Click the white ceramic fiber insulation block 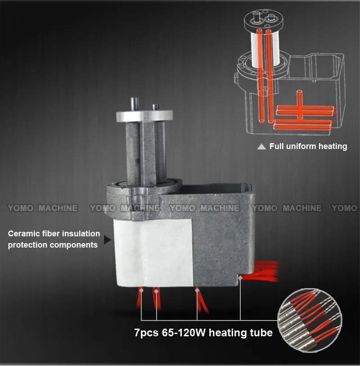click(x=154, y=253)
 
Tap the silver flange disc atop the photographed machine click(x=144, y=116)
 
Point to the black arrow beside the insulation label click(x=107, y=239)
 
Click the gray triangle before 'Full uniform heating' click(x=261, y=147)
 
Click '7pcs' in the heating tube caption click(x=146, y=333)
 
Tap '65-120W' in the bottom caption click(x=184, y=333)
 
